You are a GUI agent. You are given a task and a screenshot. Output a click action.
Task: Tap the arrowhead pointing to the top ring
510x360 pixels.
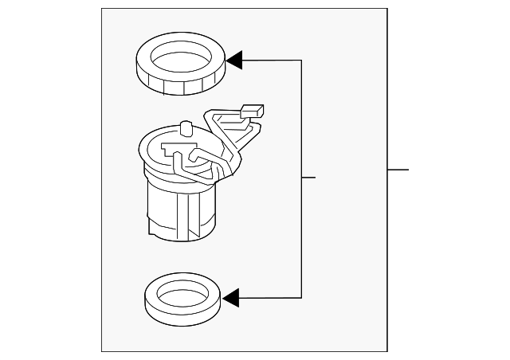click(x=234, y=60)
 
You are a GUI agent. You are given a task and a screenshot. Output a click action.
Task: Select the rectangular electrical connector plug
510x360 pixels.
click(x=253, y=111)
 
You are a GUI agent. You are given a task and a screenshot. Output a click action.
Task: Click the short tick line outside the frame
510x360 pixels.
click(x=398, y=169)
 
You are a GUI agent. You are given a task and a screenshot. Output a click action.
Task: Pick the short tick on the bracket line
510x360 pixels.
click(x=309, y=177)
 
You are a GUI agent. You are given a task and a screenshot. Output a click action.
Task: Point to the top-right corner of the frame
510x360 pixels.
click(x=387, y=10)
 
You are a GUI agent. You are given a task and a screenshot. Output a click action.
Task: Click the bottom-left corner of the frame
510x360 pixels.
click(x=102, y=350)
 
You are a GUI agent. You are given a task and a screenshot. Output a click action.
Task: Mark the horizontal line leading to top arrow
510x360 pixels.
click(x=271, y=60)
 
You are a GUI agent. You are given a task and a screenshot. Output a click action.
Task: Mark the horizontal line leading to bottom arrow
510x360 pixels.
click(x=271, y=298)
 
